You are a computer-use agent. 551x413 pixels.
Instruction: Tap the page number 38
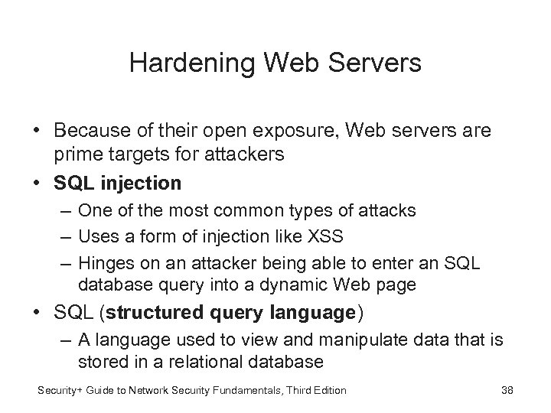507,390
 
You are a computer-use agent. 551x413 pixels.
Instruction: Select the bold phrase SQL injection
117,183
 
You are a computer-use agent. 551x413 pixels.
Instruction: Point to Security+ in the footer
64,390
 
